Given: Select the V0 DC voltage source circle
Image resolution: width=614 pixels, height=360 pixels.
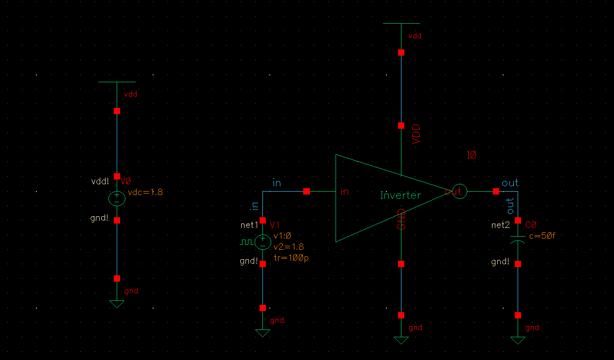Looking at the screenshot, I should click(117, 198).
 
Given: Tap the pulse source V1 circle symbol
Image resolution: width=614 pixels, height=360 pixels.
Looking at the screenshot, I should click(262, 241).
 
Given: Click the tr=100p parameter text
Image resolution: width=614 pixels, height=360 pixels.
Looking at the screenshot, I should click(291, 258).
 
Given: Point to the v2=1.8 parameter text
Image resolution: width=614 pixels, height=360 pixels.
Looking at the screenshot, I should click(289, 247).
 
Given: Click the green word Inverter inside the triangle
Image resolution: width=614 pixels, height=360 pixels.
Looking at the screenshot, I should click(400, 195).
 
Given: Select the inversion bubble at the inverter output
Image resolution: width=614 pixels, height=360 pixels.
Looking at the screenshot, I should click(459, 192).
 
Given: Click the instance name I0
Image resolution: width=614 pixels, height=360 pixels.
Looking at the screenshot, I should click(472, 155).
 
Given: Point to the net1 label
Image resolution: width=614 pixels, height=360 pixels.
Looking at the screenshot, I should click(249, 225).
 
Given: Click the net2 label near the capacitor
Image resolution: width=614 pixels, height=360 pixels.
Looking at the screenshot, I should click(500, 225).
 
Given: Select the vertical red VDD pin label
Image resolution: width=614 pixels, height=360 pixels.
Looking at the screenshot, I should click(415, 134).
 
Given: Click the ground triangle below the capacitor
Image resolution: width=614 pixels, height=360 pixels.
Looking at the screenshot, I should click(518, 340).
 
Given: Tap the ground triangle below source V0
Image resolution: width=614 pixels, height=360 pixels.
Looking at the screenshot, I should click(117, 304).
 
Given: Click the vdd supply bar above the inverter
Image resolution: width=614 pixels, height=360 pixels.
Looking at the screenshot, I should click(401, 23).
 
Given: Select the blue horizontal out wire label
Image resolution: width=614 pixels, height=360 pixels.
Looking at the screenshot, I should click(510, 183).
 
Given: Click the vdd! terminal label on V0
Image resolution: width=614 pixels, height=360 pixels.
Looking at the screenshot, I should click(100, 181).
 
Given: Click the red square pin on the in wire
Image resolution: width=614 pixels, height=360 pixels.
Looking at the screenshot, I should click(306, 192).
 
